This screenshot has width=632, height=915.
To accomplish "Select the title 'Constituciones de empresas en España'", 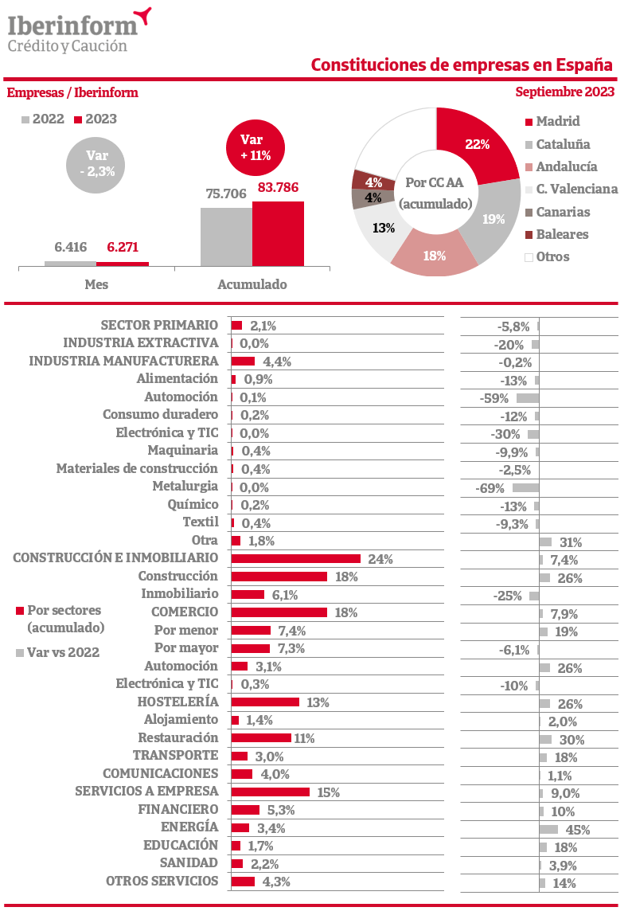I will [x=462, y=65].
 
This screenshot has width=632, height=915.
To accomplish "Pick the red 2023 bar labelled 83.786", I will [x=278, y=233].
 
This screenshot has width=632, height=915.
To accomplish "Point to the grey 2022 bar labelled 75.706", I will [x=226, y=237].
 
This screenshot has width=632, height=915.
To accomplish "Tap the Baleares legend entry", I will [x=556, y=234].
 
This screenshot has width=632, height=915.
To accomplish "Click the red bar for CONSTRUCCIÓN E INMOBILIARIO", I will [x=295, y=559].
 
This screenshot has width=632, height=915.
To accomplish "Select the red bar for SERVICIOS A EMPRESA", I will [x=270, y=792].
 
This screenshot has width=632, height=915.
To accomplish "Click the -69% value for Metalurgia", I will [x=490, y=487].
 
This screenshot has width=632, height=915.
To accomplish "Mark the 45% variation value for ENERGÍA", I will [x=577, y=830].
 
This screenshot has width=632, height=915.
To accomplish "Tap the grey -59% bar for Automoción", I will [x=527, y=397].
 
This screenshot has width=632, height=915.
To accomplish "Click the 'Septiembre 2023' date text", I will [x=564, y=92].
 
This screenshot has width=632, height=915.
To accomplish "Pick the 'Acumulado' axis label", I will [x=252, y=284].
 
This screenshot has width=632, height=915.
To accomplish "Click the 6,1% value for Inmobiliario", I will [x=284, y=595].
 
